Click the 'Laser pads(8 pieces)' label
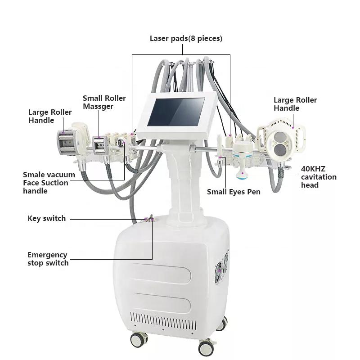186,39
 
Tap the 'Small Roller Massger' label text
104,102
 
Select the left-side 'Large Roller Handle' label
50,116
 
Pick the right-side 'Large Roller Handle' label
295,104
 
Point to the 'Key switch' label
46,218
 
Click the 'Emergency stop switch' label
48,259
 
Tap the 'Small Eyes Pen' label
234,192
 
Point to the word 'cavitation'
319,177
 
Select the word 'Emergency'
47,255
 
